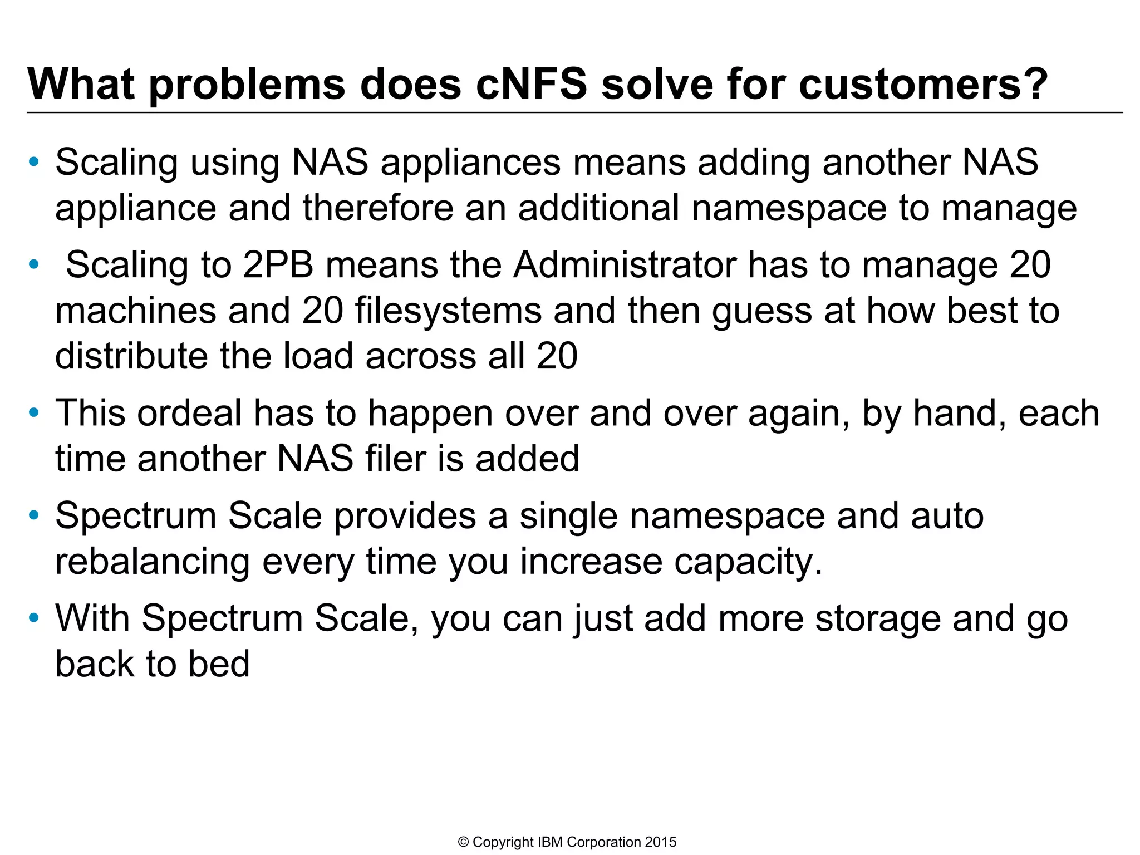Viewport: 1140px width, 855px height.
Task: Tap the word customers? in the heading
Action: [x=923, y=85]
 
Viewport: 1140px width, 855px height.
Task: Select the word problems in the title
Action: [x=247, y=85]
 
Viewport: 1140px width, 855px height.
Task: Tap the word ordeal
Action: [x=189, y=413]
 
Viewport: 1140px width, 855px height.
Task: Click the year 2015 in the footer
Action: [x=661, y=842]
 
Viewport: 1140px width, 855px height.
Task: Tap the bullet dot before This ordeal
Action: [x=34, y=413]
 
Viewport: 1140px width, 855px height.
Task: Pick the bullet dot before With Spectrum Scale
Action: [x=34, y=618]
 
